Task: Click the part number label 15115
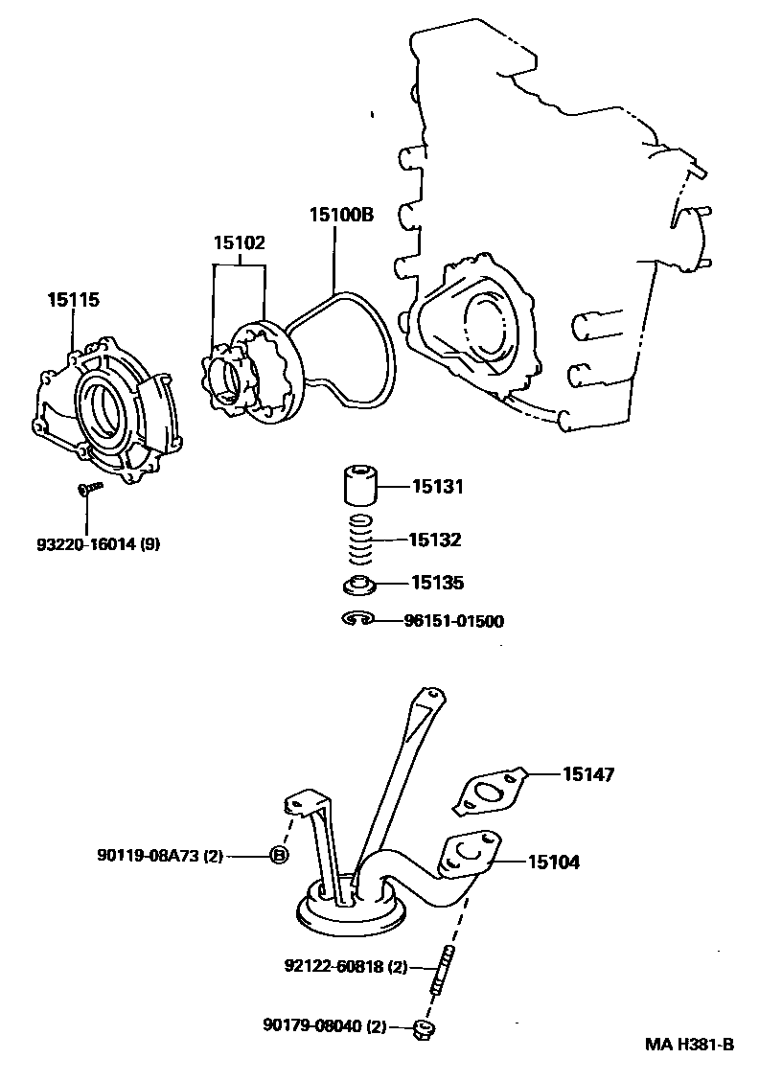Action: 73,300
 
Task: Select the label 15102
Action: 239,243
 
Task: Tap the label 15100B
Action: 340,215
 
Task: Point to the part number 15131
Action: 437,487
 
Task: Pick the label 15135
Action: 437,582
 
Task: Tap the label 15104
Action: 553,862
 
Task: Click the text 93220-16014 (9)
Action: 99,544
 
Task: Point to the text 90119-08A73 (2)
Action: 159,856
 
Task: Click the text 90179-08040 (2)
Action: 323,1026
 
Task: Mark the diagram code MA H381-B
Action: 688,1045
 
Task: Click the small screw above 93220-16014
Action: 86,489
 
